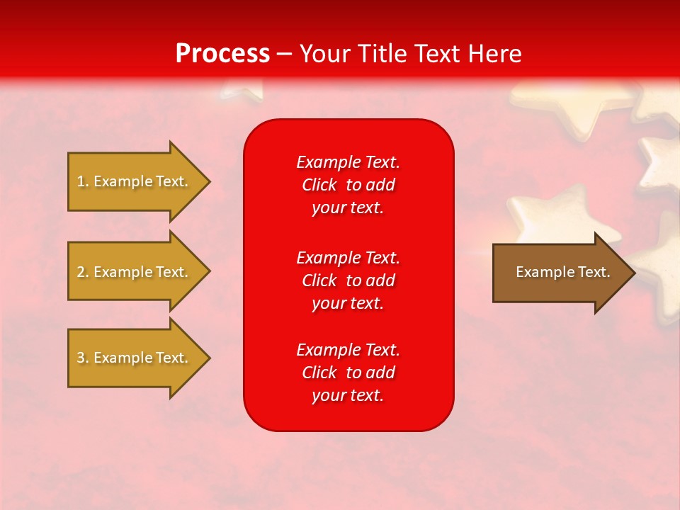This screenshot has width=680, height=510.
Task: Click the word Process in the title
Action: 222,54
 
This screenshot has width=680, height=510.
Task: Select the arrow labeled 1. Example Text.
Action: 135,181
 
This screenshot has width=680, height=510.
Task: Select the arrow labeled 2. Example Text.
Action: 135,272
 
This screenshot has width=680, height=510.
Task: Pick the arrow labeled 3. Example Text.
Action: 135,358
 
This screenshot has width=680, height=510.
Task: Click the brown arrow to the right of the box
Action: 560,272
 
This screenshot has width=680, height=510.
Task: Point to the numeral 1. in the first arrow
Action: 83,181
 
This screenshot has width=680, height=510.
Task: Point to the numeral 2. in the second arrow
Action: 83,272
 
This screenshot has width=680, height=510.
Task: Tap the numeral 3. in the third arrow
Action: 83,358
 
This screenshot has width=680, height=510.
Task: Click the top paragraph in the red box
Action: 348,185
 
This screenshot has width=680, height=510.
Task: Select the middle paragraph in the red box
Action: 348,280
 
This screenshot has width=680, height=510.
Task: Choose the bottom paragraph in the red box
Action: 348,373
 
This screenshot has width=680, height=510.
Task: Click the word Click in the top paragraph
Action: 319,185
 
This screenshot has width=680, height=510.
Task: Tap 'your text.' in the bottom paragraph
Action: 348,395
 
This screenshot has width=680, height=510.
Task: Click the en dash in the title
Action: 285,55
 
